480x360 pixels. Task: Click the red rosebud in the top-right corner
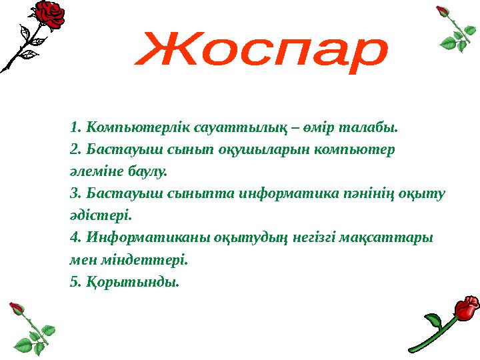point(442,12)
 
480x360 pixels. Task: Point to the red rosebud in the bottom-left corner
point(17,309)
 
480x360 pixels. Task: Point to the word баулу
point(151,171)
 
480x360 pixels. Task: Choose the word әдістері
point(101,215)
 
